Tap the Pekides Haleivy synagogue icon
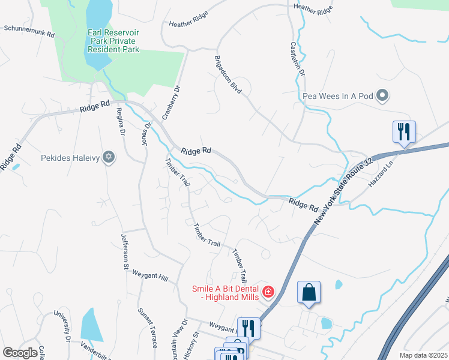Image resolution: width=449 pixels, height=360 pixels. click(108, 158)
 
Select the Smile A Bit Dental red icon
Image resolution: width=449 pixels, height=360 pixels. click(268, 293)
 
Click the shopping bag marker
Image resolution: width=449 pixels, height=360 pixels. click(309, 293)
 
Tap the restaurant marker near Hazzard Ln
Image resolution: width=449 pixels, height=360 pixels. click(404, 132)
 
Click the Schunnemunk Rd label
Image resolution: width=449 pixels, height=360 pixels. click(29, 31)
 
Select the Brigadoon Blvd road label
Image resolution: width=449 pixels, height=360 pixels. click(228, 74)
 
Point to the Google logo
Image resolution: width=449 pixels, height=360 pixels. click(20, 353)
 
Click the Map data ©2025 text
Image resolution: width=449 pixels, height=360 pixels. click(423, 355)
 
